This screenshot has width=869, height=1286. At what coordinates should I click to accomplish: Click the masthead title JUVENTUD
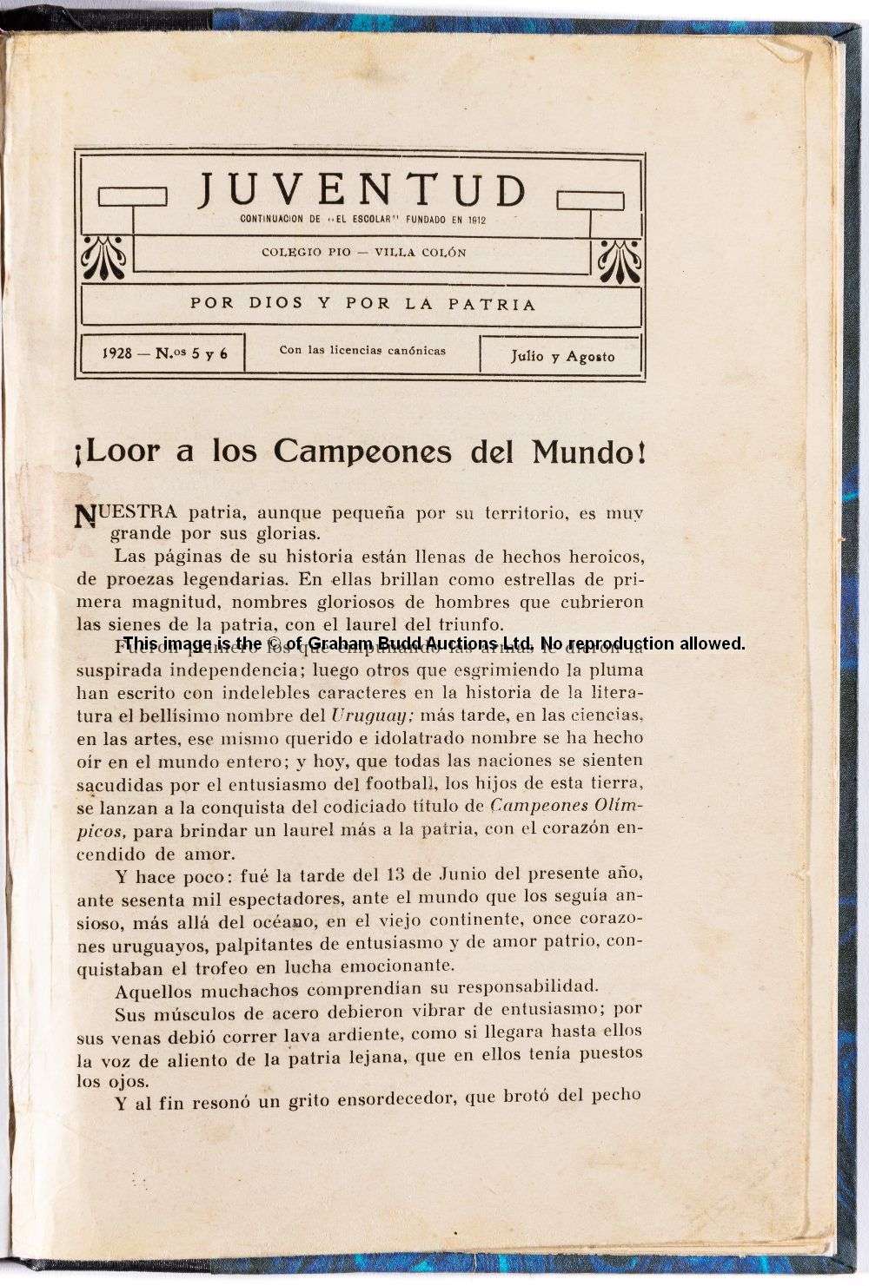pos(362,189)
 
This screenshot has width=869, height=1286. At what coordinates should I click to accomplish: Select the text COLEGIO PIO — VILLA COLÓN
pos(363,253)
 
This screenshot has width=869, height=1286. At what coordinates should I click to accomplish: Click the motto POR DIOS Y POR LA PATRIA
pos(362,304)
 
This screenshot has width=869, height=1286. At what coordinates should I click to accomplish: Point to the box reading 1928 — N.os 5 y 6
pos(163,353)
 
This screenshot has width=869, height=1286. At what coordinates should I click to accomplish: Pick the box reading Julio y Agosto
pos(562,356)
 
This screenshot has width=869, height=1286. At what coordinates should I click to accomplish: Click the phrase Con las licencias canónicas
pos(362,350)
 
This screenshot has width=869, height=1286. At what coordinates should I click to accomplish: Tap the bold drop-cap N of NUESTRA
pos(85,515)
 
